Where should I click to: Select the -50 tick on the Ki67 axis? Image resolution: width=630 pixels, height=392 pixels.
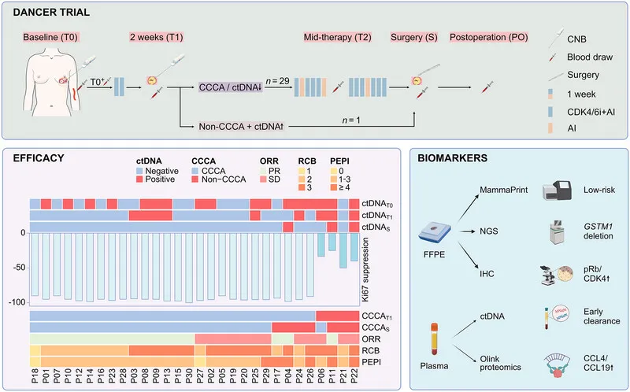coord(18,268)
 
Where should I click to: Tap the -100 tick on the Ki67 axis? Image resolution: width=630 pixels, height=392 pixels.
coord(16,302)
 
